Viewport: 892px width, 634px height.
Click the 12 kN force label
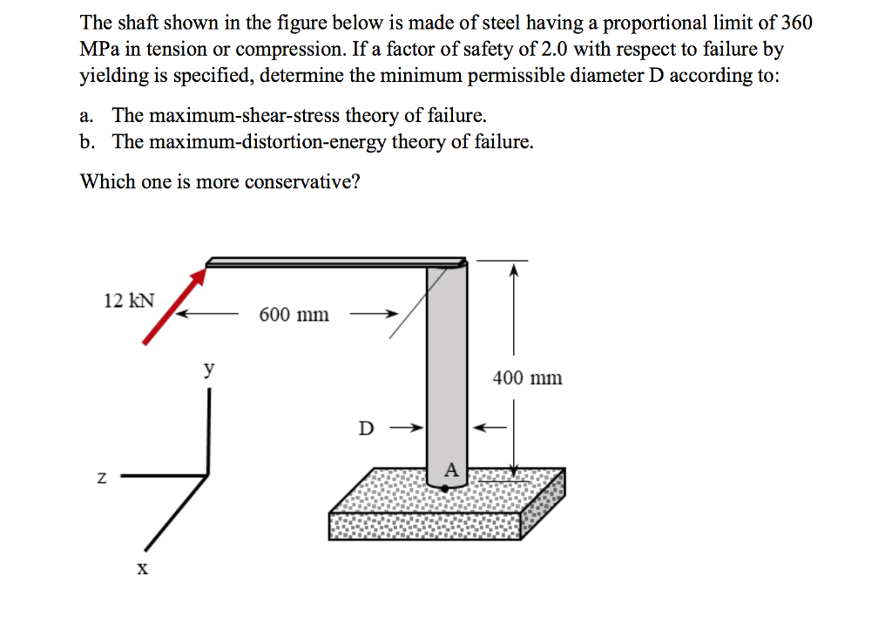click(x=129, y=301)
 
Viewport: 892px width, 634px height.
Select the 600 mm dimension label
click(x=294, y=315)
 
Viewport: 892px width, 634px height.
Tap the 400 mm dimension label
click(x=528, y=378)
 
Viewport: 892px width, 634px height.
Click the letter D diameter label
click(x=367, y=428)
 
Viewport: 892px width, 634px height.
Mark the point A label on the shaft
click(x=450, y=470)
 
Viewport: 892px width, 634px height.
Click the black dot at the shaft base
click(x=445, y=489)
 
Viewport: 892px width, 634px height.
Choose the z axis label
click(x=103, y=477)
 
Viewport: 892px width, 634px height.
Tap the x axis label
click(x=142, y=569)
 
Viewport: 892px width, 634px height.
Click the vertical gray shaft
click(x=447, y=366)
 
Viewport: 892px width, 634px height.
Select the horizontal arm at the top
click(x=335, y=262)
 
